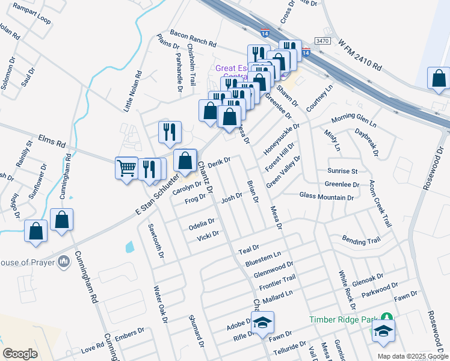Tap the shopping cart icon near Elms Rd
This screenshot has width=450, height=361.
[126, 167]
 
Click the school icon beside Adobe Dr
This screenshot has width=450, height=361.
[262, 322]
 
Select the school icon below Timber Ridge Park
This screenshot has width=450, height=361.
[383, 331]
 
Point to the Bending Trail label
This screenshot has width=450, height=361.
[361, 241]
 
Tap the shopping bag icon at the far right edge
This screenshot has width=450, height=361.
[439, 78]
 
